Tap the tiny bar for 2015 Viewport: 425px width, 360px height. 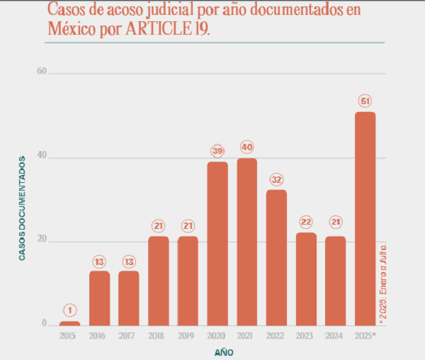[x=69, y=323]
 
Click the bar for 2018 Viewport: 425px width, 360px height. [x=159, y=281]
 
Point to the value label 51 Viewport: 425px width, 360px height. [x=365, y=101]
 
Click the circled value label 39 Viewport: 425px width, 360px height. [x=217, y=151]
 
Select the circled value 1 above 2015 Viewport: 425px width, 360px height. [x=69, y=310]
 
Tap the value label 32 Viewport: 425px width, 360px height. [x=276, y=179]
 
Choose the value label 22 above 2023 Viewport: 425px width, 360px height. [x=306, y=222]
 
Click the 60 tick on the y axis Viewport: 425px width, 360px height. [x=41, y=72]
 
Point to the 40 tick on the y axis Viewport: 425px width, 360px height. [x=41, y=156]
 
